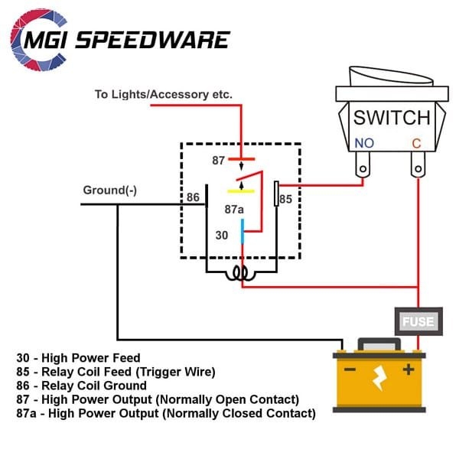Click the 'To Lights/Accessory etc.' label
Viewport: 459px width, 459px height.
(164, 95)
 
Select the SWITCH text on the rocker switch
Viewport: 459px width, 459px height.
(391, 118)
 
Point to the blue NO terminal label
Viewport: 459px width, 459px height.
(364, 143)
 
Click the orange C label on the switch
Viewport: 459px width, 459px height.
(416, 143)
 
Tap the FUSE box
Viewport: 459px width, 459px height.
(418, 321)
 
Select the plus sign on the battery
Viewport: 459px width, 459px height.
(409, 369)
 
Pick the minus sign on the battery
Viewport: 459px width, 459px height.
(350, 369)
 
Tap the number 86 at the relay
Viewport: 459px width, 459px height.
(194, 197)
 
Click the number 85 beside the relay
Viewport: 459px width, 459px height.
(285, 200)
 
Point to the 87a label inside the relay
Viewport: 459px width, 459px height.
(234, 208)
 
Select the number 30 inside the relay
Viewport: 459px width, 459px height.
(222, 236)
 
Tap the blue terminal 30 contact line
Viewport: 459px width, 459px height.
(243, 230)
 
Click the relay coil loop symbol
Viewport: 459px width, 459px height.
(241, 273)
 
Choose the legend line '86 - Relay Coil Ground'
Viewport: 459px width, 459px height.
(82, 386)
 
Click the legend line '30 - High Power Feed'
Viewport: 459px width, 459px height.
(78, 358)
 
